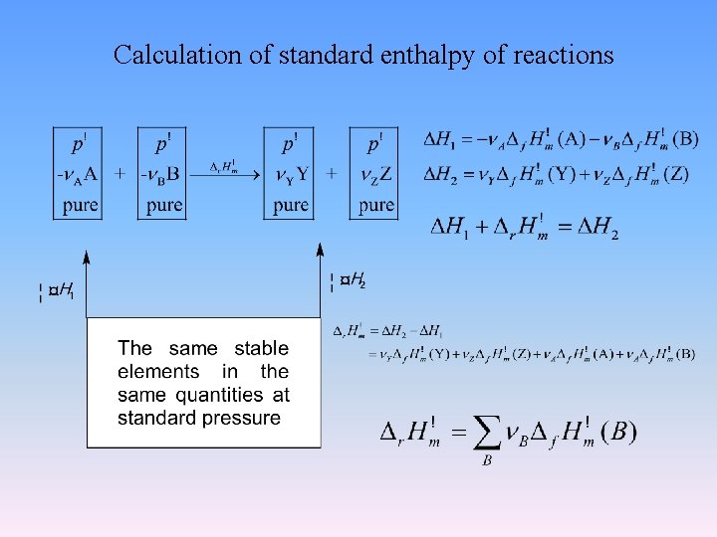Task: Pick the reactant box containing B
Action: tap(162, 173)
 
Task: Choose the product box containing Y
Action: tap(290, 173)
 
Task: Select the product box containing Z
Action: tap(374, 173)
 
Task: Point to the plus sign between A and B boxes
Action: tap(119, 174)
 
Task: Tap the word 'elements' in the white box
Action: tap(158, 372)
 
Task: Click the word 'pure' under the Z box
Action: tap(375, 206)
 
